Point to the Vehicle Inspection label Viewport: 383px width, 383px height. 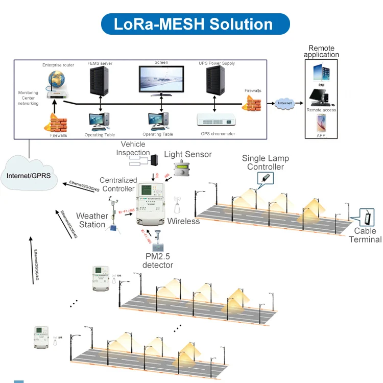(x=133, y=149)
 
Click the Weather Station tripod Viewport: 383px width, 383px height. (x=113, y=217)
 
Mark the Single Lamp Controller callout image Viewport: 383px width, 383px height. (x=266, y=178)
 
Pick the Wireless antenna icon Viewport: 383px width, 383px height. (x=178, y=207)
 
